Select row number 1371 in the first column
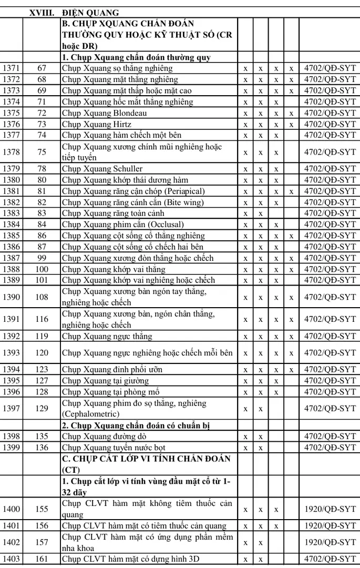12,68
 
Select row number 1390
12,297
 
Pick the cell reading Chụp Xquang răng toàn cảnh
113,214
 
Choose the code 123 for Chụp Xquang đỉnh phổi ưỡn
42,370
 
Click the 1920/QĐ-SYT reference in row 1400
330,509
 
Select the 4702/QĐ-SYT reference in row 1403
330,559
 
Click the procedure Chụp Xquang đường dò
104,437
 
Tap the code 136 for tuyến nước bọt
42,448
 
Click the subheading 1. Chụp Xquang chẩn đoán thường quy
129,57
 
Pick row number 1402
12,542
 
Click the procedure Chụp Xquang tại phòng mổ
110,392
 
